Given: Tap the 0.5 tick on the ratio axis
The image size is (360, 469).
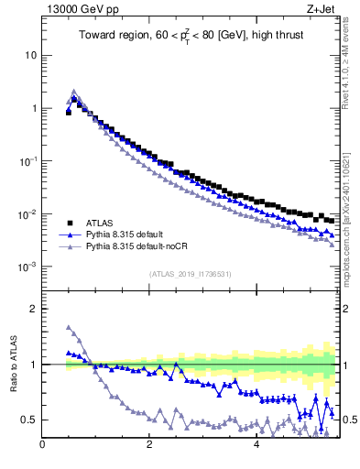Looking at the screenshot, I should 28,420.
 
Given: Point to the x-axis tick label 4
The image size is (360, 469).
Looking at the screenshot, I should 256,446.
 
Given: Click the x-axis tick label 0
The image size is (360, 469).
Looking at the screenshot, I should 42,446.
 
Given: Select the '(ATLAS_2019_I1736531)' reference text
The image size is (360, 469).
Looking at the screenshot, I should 189,274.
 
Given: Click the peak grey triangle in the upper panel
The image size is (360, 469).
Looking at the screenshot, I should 74,92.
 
